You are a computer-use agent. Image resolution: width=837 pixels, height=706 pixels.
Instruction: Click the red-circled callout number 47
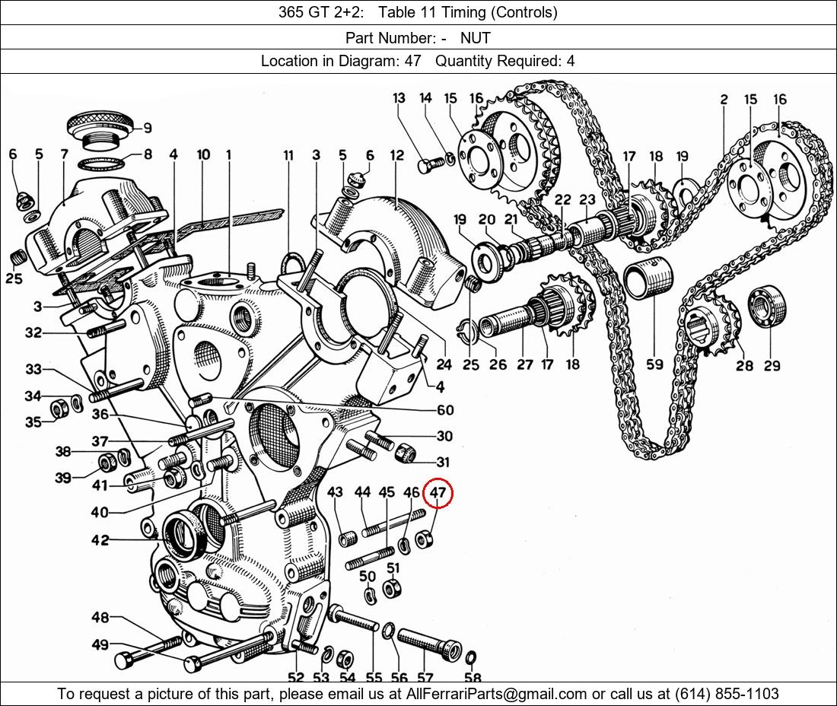[x=438, y=493]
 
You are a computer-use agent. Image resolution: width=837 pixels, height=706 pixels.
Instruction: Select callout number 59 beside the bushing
[x=654, y=364]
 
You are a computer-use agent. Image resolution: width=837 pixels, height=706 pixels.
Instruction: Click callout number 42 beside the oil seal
[x=100, y=540]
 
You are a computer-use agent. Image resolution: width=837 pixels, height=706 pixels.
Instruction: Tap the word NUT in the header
[x=475, y=37]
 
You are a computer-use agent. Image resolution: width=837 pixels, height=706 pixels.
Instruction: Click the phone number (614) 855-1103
[x=726, y=694]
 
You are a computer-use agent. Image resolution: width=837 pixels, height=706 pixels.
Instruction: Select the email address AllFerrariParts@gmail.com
[x=497, y=694]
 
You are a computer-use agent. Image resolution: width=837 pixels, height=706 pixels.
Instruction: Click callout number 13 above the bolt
[x=399, y=98]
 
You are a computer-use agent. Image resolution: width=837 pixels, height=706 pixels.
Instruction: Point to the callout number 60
[x=445, y=410]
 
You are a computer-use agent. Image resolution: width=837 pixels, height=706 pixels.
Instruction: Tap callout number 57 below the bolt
[x=425, y=678]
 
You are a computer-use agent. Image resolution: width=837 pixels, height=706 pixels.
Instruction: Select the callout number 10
[x=203, y=154]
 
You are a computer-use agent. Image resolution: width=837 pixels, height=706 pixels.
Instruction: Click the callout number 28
[x=744, y=365]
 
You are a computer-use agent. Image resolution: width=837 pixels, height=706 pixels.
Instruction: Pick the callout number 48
[x=100, y=617]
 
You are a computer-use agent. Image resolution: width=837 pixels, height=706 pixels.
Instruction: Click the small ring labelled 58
[x=471, y=657]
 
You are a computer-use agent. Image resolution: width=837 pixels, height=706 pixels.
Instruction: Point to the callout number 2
[x=724, y=99]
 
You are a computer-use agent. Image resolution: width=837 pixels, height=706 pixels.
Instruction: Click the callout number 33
[x=33, y=370]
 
